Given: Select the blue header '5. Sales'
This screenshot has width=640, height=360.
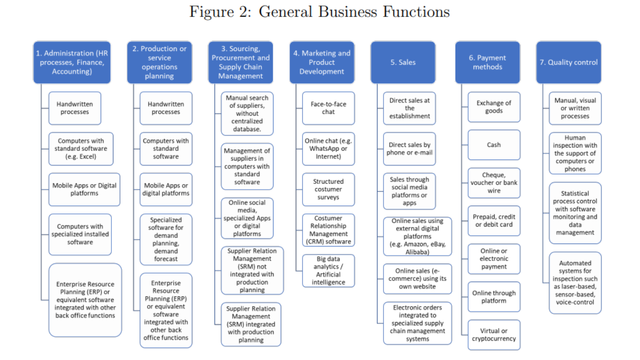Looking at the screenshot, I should click(403, 62).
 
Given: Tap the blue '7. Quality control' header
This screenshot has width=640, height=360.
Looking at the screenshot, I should click(568, 62).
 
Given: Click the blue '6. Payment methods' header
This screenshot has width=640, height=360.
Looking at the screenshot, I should click(487, 62).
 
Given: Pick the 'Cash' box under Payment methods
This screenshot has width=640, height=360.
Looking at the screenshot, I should click(494, 145).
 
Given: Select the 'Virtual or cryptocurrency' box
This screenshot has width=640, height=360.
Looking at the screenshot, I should click(494, 335).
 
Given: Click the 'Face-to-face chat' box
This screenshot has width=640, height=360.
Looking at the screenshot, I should click(328, 108).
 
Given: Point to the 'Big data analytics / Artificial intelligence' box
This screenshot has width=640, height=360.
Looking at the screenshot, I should click(328, 270).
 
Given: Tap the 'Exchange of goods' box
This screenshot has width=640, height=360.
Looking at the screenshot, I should click(494, 107).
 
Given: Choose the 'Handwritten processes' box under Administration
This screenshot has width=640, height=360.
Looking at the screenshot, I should click(75, 108).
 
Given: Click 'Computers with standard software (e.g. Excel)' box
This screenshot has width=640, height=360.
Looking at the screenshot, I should click(80, 149).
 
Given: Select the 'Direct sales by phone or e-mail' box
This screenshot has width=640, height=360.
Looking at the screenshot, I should click(409, 149).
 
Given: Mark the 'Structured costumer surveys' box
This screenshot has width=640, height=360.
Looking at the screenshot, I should click(328, 189).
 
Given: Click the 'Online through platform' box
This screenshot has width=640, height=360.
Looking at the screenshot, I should click(494, 297).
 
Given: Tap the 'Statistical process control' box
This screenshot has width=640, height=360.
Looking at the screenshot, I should click(575, 213).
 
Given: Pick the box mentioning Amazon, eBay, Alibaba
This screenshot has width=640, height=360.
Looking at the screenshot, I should click(417, 236).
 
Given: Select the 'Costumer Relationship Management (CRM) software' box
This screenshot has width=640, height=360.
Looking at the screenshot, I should click(328, 230).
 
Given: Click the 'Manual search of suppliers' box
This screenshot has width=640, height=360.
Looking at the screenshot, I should click(247, 113).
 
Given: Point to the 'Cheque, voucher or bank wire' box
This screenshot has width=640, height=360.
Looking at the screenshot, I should click(494, 183).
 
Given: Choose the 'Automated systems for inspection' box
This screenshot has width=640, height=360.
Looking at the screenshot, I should click(575, 282).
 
